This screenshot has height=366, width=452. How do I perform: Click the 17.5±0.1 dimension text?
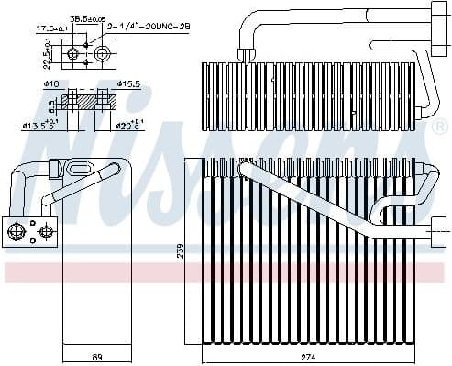coord(50,29)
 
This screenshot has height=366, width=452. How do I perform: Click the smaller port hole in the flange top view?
coord(73,56)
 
